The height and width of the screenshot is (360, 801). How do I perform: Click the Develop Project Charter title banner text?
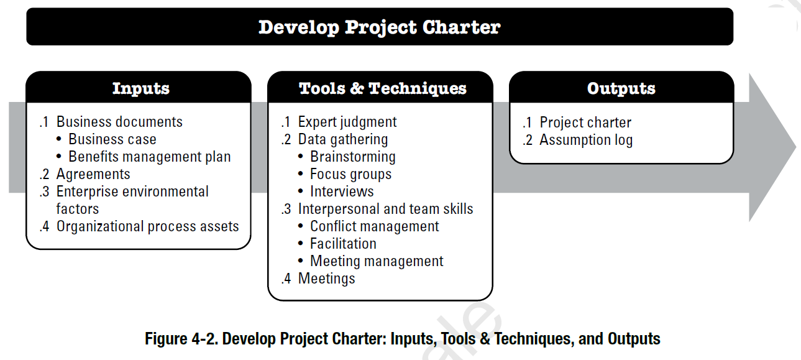tap(380, 27)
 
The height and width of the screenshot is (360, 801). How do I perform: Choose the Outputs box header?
tap(621, 88)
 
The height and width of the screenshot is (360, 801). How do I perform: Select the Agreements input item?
tap(93, 174)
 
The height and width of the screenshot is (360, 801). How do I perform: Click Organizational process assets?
tap(147, 226)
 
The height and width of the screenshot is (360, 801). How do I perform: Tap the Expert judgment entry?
tap(347, 122)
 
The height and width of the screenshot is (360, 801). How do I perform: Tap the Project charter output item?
tap(585, 122)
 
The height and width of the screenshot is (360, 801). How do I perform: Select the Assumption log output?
tap(586, 140)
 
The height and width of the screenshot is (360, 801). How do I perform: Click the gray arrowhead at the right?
tap(769, 147)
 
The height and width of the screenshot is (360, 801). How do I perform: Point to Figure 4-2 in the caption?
tap(181, 338)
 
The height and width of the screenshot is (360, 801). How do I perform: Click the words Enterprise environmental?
tap(132, 192)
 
